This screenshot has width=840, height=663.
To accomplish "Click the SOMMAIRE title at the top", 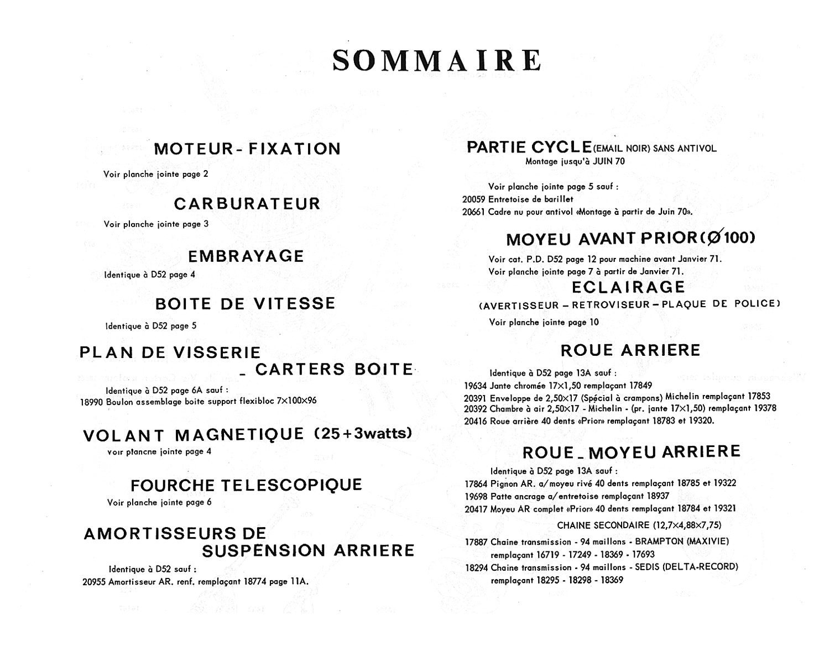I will coord(437,60).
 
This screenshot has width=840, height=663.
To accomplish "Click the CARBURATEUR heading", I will coord(247,204).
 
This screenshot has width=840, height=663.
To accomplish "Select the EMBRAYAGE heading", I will coord(246,256).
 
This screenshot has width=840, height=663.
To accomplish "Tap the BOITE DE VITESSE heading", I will coord(246,304).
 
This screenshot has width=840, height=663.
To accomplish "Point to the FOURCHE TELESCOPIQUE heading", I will coord(246,486).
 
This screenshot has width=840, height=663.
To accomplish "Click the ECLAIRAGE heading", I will coord(628,287).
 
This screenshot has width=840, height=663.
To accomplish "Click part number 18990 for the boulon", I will coord(91,402).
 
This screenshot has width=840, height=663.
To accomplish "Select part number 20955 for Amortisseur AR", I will coord(94,582).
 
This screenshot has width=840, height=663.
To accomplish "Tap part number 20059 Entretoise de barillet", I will coord(473,199).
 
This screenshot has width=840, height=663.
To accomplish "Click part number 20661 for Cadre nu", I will coord(473,212).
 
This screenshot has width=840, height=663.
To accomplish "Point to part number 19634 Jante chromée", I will coord(476,386).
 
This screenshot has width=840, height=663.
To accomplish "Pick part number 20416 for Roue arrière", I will coord(476,421).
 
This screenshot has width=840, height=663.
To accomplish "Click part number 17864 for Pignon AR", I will coord(476,483).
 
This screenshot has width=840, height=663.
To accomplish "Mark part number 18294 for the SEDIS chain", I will coord(476,567).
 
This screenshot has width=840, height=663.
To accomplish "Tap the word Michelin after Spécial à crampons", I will coord(685,397).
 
